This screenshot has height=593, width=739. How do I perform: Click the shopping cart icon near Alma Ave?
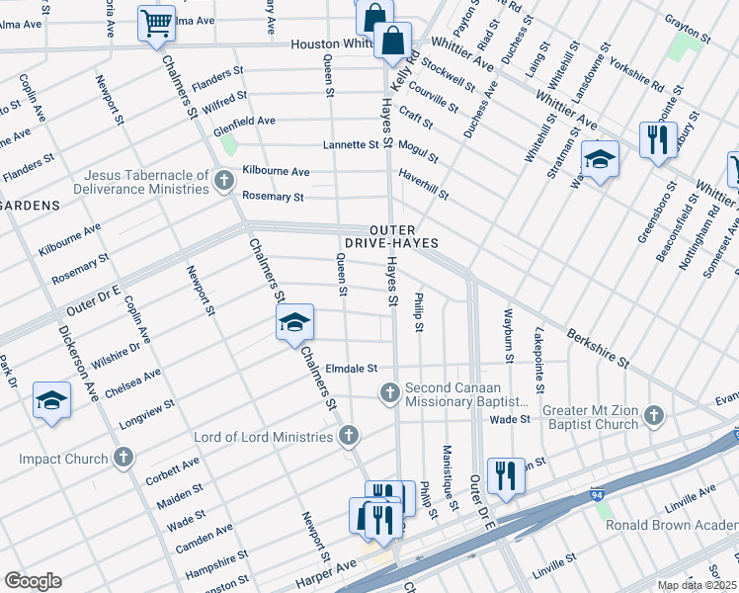click(156, 24)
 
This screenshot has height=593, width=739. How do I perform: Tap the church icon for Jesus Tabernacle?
click(224, 180)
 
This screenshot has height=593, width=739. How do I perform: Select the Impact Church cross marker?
click(123, 457)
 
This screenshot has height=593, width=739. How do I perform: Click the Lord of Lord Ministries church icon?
click(348, 436)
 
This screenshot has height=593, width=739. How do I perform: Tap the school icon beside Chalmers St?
click(294, 323)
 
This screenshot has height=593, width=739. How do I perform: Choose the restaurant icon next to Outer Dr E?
click(506, 476)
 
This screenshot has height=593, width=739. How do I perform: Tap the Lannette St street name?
click(351, 144)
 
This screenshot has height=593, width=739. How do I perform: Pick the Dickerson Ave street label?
click(76, 362)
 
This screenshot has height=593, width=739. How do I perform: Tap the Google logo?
click(33, 581)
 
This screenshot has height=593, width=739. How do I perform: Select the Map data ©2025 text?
click(697, 585)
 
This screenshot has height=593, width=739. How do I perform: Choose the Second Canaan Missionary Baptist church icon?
click(390, 393)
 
